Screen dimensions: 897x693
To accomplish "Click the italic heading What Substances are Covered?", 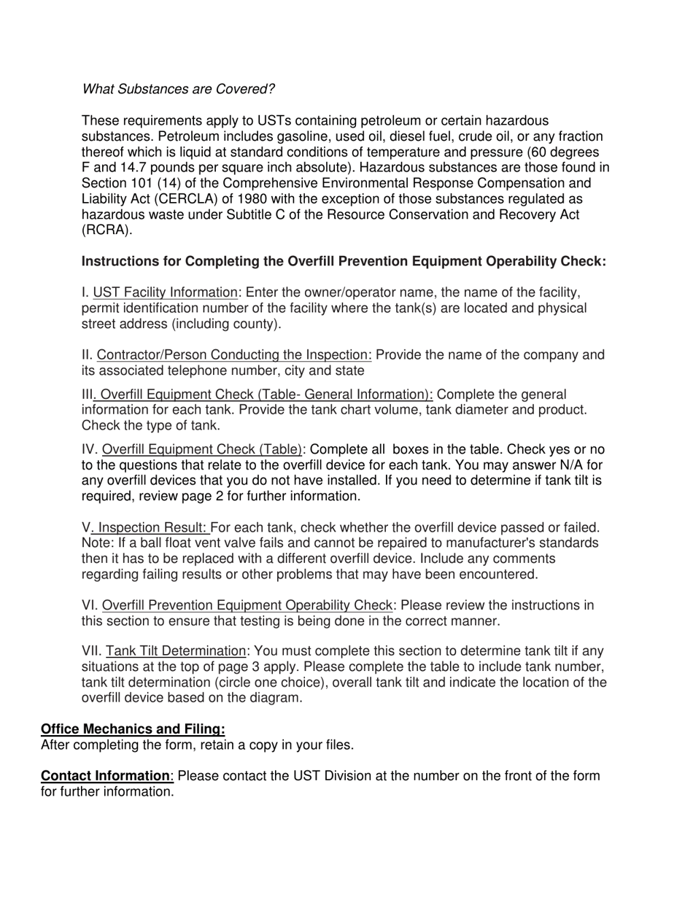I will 178,89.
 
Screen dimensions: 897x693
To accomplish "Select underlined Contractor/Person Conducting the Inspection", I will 234,355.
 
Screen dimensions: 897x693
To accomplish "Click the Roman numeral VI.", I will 90,605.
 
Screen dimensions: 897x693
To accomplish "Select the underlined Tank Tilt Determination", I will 176,651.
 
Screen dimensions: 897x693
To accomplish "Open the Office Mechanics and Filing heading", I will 133,729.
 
